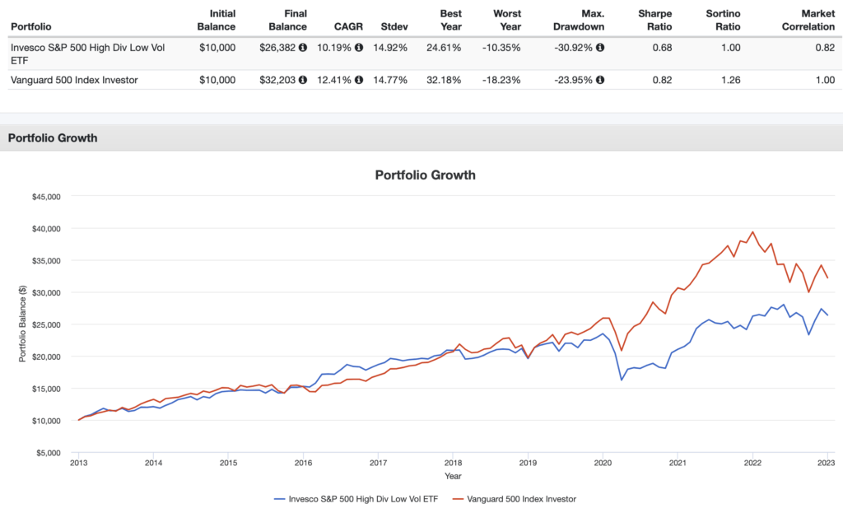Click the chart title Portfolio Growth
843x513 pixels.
pyautogui.click(x=425, y=175)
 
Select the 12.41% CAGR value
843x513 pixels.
pyautogui.click(x=335, y=80)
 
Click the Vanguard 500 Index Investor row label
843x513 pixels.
pyautogui.click(x=73, y=80)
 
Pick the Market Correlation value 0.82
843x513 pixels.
pyautogui.click(x=824, y=48)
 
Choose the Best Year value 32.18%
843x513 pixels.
pyautogui.click(x=464, y=80)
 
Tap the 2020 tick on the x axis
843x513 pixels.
pyautogui.click(x=602, y=464)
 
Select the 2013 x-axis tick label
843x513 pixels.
pyautogui.click(x=78, y=464)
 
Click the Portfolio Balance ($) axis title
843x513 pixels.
pyautogui.click(x=21, y=324)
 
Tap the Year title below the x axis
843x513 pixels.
pyautogui.click(x=453, y=475)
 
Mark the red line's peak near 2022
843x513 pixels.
pyautogui.click(x=752, y=232)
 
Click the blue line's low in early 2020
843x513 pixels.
pyautogui.click(x=621, y=380)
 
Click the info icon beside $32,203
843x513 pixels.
pyautogui.click(x=303, y=80)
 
